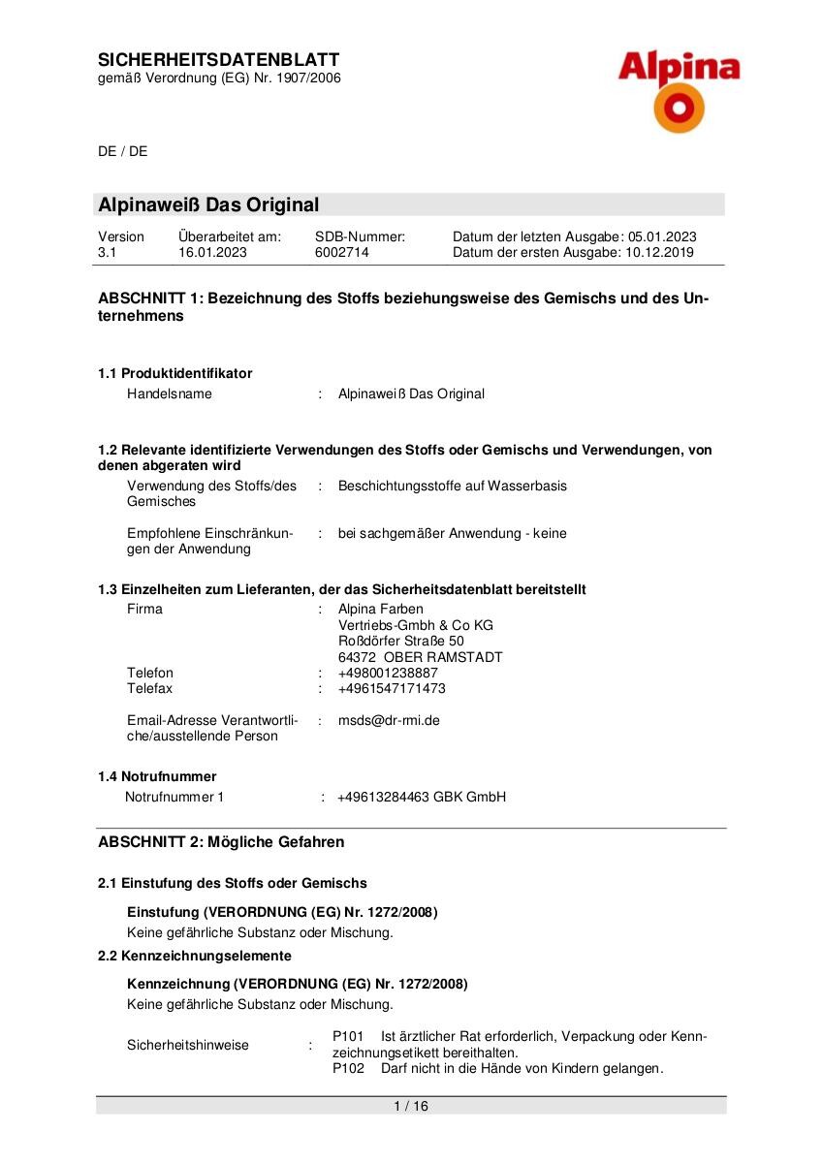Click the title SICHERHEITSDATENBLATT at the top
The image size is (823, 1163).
tap(219, 60)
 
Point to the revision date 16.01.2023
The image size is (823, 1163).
tap(212, 253)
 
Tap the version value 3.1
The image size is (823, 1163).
tap(107, 253)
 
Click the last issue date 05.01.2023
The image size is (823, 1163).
tap(662, 236)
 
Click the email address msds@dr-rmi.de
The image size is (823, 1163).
tap(389, 720)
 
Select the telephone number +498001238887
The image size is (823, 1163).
tap(388, 673)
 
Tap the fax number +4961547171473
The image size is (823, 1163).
tap(392, 688)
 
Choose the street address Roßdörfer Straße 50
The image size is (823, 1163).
tap(400, 641)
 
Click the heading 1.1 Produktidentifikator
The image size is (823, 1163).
tap(174, 373)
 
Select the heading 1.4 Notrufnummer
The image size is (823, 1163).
tap(157, 776)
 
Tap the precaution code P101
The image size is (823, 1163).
tap(348, 1036)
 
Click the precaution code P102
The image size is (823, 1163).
tap(348, 1069)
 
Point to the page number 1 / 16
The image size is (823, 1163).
tap(411, 1106)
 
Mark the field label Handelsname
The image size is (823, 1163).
tap(170, 393)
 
